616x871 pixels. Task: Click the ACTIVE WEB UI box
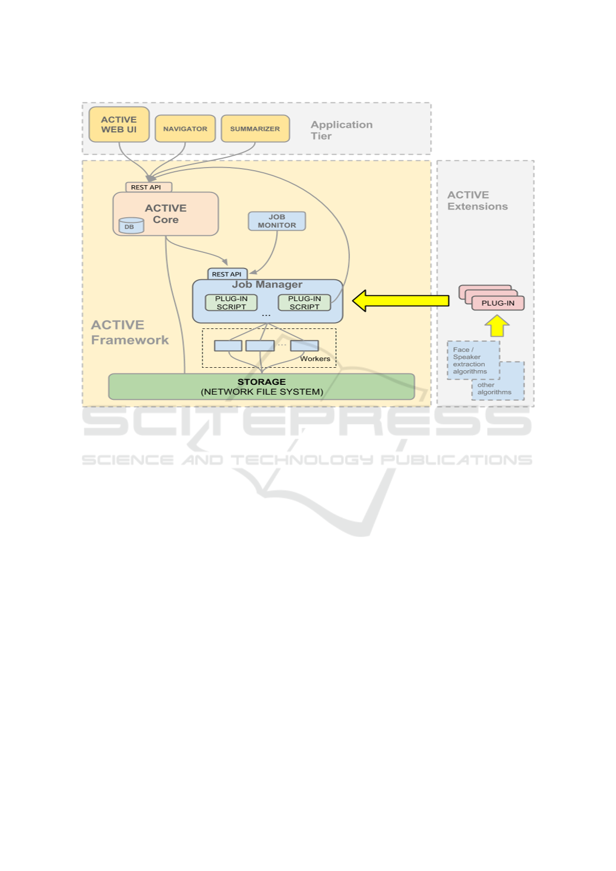click(x=119, y=125)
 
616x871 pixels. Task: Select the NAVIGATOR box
click(x=185, y=129)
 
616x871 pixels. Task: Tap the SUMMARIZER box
click(x=255, y=129)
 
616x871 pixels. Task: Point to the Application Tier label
click(x=341, y=130)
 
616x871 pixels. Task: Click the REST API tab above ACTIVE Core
click(x=148, y=187)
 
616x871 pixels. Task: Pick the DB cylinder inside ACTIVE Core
click(x=131, y=226)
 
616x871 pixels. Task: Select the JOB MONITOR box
click(x=277, y=221)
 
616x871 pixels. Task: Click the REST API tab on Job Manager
click(x=228, y=274)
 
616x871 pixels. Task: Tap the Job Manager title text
click(x=267, y=284)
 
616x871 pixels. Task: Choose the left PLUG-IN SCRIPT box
click(x=231, y=303)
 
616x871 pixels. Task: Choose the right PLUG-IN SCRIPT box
click(x=305, y=303)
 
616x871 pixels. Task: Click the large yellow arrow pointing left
click(x=400, y=301)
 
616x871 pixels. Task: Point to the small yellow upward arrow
click(x=497, y=326)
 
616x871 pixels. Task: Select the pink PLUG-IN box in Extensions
click(x=498, y=303)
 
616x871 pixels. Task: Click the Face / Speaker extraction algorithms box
click(x=473, y=360)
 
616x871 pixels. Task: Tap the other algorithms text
click(x=494, y=388)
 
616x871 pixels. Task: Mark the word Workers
click(x=315, y=358)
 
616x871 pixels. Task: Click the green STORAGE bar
click(x=261, y=386)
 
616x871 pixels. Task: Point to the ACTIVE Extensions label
click(x=477, y=201)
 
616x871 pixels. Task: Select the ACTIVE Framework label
click(x=130, y=333)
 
